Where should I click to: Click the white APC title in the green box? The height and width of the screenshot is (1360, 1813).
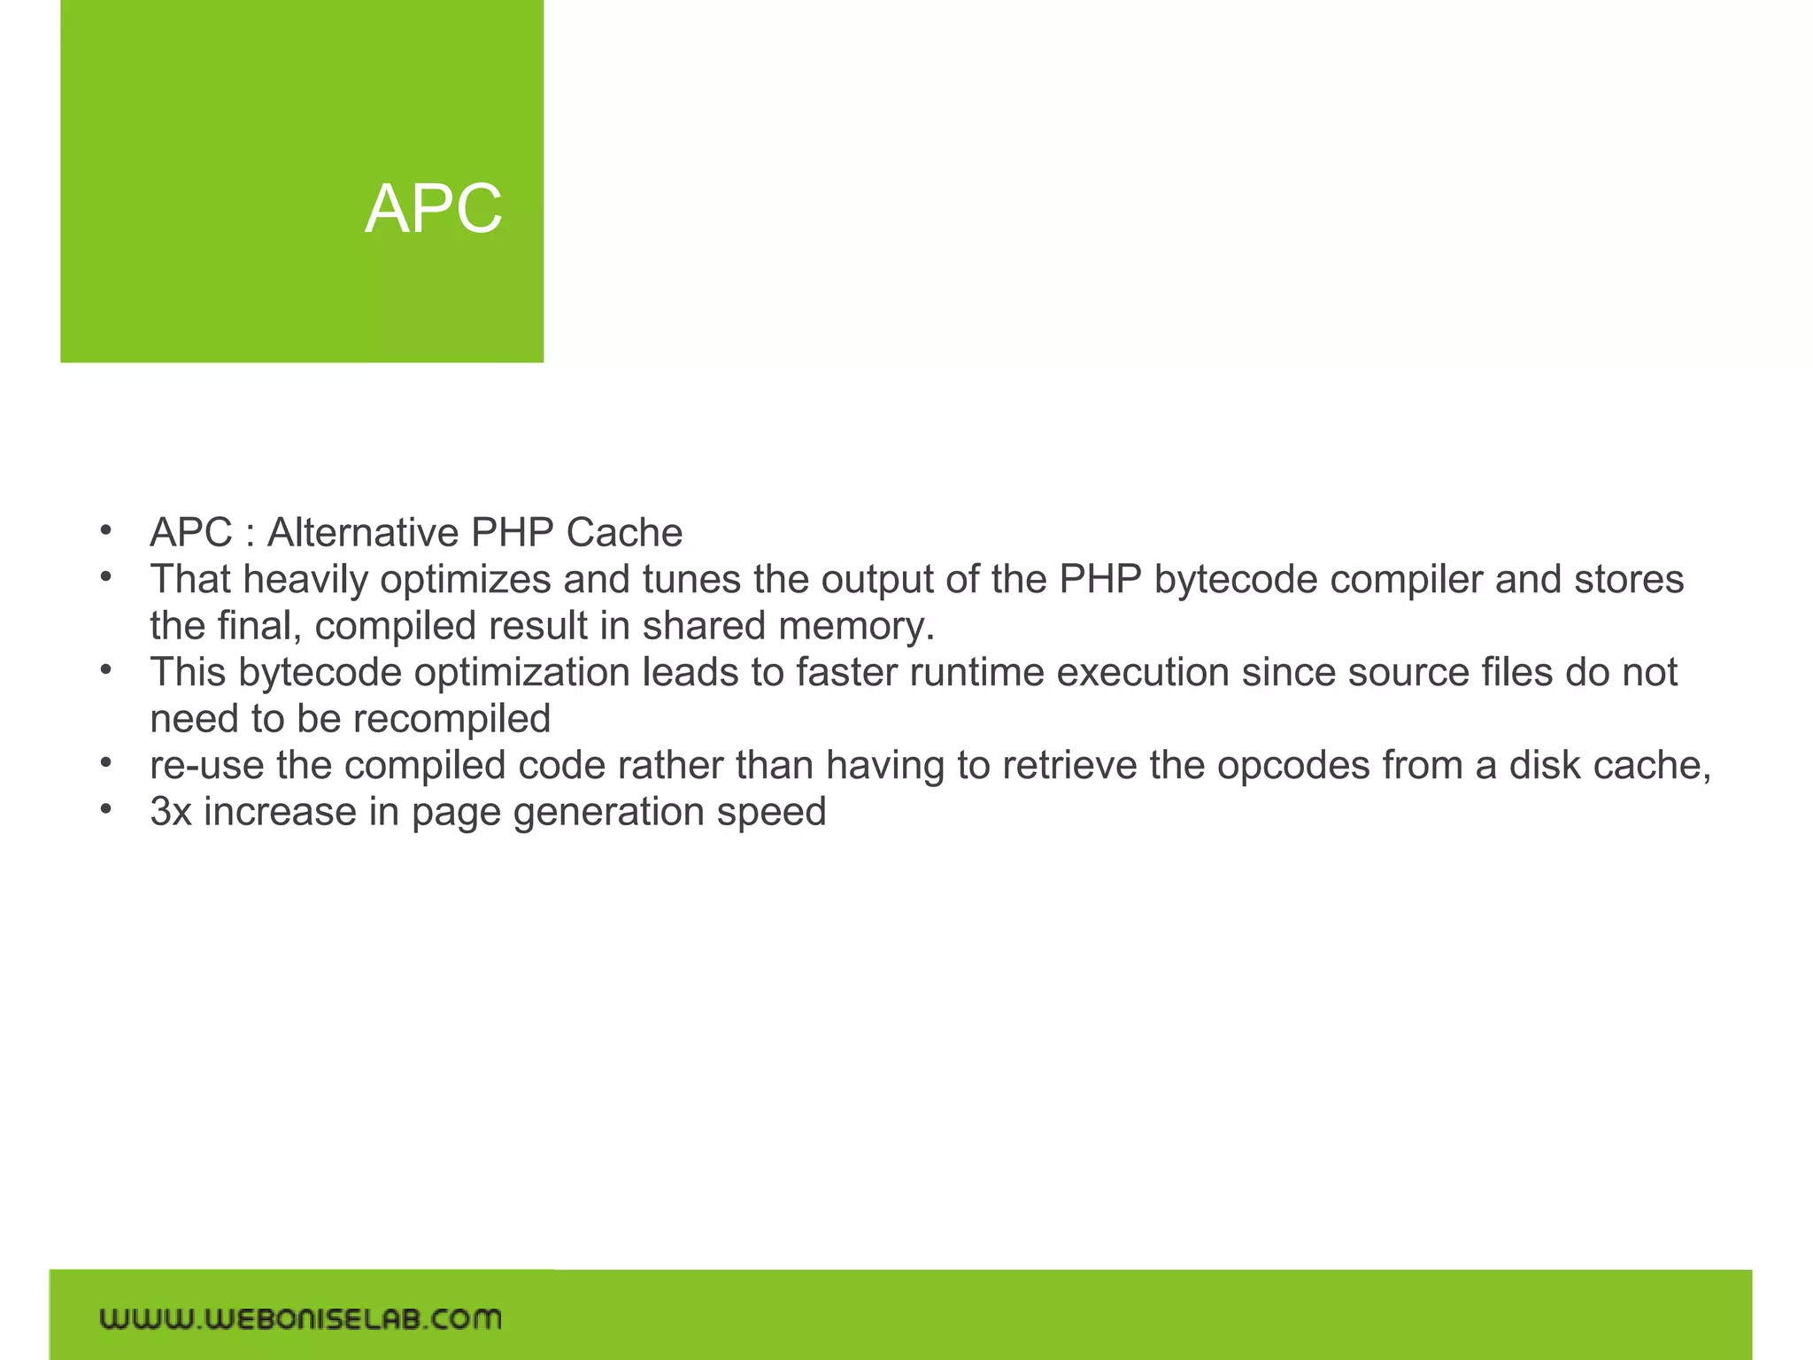point(433,210)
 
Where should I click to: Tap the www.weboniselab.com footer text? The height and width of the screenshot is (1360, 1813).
point(300,1318)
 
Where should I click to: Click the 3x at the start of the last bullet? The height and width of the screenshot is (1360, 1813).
point(171,812)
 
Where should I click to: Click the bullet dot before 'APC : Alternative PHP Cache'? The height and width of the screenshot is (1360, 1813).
point(105,530)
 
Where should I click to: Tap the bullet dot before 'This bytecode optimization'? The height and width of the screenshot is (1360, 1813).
point(105,669)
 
